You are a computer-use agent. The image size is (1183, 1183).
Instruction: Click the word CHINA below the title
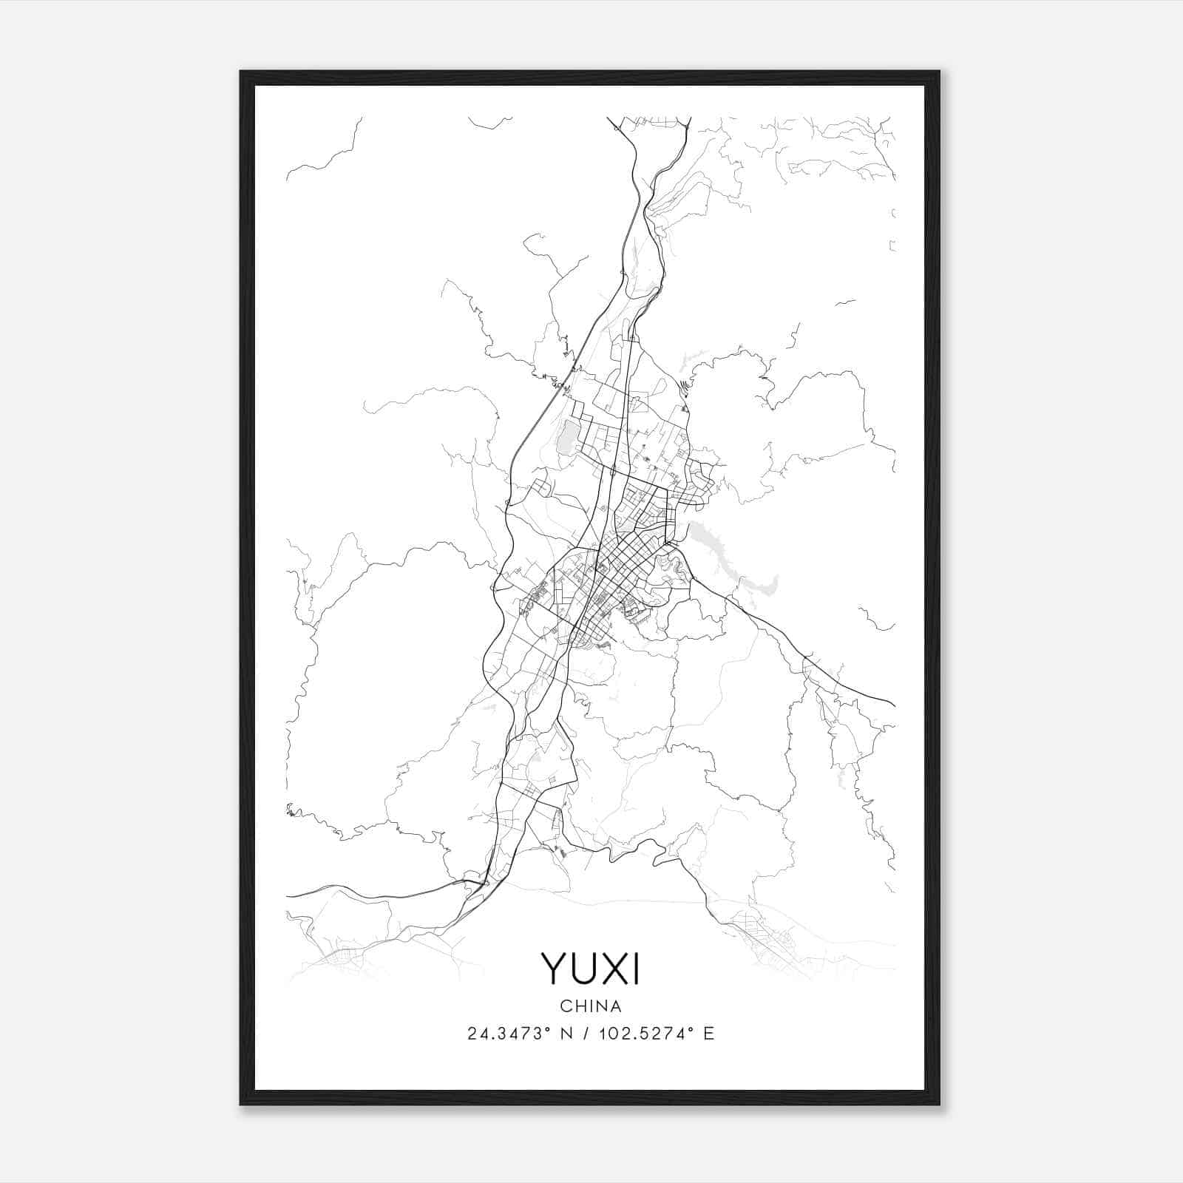[591, 1006]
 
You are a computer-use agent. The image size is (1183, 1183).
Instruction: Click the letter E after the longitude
[709, 1034]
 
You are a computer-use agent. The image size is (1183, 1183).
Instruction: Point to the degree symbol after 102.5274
[690, 1028]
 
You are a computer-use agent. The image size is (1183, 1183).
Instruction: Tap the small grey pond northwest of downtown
[566, 436]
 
